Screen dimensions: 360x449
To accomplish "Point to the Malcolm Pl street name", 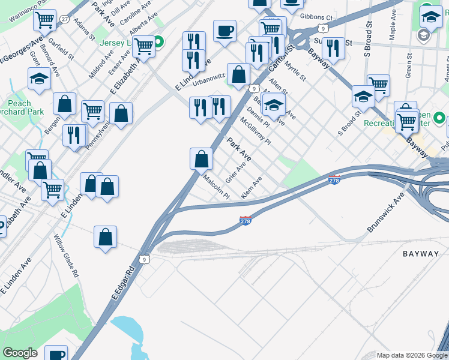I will (216, 187).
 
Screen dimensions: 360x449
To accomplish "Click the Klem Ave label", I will (252, 188).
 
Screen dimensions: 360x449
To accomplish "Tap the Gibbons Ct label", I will (316, 17).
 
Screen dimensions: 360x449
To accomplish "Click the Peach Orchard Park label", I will (19, 108).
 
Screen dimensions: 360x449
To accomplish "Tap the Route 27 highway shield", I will (64, 19).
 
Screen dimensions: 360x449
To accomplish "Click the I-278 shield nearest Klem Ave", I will (245, 221).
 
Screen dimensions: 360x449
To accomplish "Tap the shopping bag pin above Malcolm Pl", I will (202, 159).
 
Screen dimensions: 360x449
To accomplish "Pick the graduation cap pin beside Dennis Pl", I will (274, 105).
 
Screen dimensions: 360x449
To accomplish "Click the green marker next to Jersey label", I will (158, 43).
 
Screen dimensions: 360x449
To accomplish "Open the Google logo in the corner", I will (20, 353).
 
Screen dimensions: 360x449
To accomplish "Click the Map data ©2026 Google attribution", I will (411, 355).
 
